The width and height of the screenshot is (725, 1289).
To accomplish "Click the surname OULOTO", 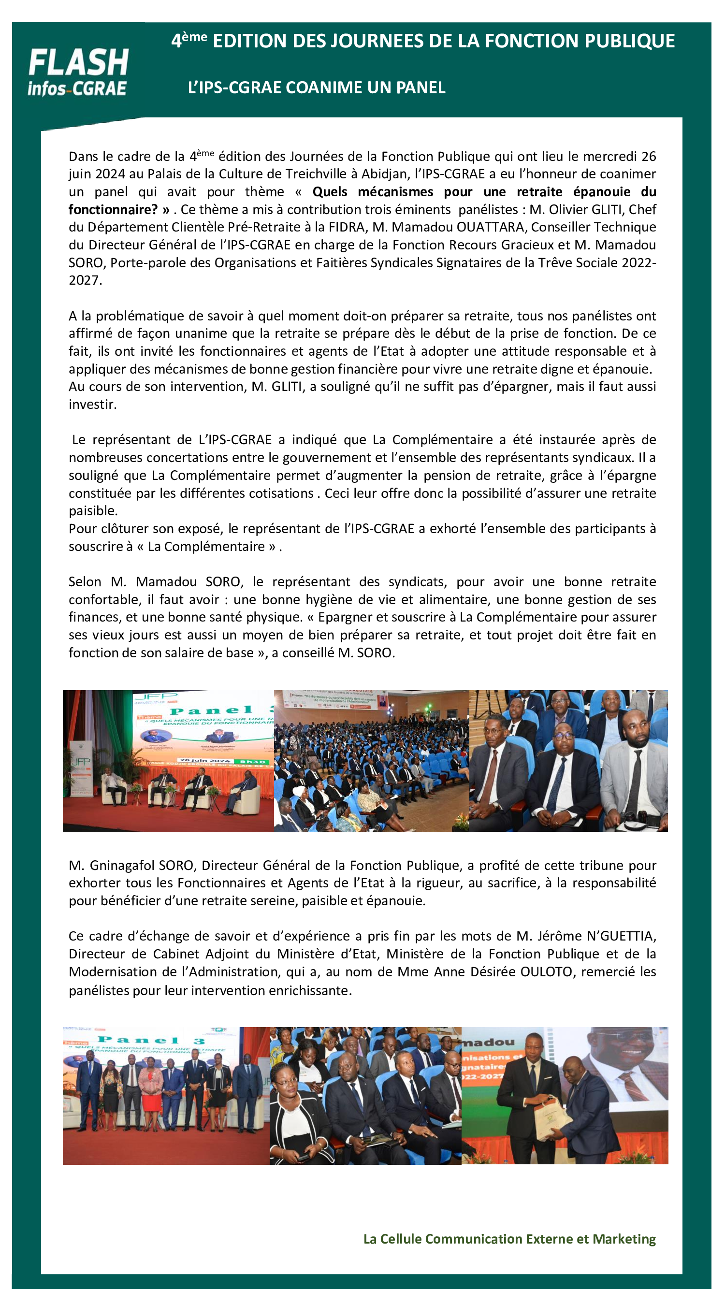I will (x=546, y=971).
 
